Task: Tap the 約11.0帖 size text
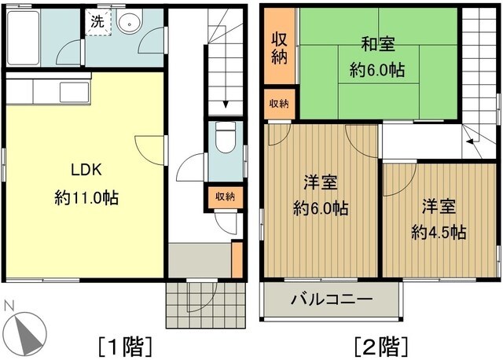click(x=86, y=198)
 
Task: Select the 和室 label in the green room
click(x=376, y=46)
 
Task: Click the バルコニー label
click(x=331, y=299)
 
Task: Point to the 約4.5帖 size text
click(x=439, y=233)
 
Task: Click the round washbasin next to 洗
click(x=128, y=22)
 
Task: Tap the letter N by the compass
click(x=8, y=306)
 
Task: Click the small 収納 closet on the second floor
click(x=279, y=104)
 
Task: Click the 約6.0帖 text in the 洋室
click(x=321, y=209)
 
